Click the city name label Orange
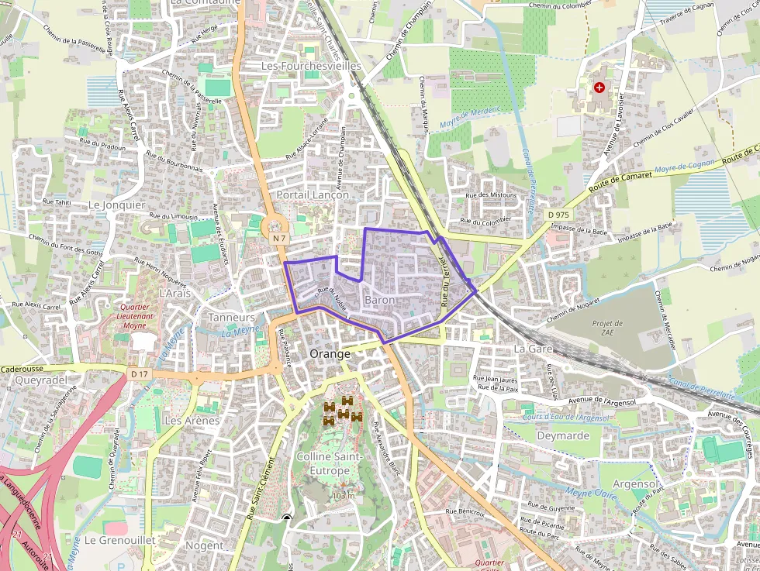click(330, 353)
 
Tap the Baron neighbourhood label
click(379, 300)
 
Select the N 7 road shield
click(279, 239)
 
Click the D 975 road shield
click(558, 215)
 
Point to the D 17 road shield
click(139, 374)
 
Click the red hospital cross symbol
click(599, 88)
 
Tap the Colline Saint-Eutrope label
click(334, 463)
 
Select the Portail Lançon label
click(313, 195)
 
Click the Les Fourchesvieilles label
click(311, 67)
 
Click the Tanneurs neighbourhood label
click(231, 318)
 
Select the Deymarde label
click(563, 435)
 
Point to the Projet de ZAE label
click(607, 328)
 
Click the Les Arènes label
click(192, 421)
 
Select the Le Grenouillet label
click(119, 539)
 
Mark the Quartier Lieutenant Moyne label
click(134, 316)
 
